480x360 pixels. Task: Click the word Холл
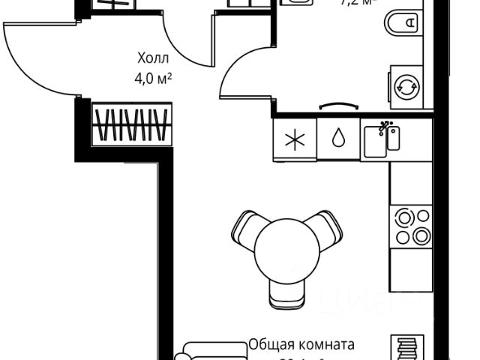tap(154, 58)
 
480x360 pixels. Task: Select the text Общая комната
tap(301, 346)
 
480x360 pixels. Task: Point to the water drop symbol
tap(338, 139)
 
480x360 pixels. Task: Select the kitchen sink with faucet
tap(382, 140)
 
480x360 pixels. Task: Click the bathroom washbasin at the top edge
tap(301, 4)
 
